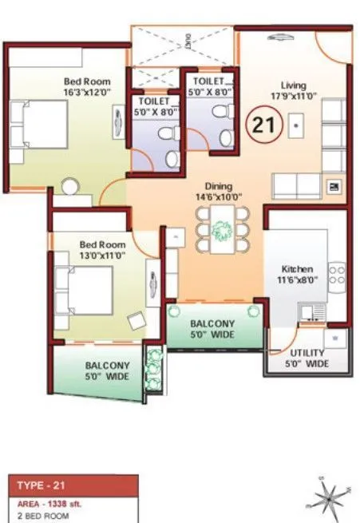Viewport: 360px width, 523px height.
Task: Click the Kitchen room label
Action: (x=296, y=269)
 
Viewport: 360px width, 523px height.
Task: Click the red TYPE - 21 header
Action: (x=73, y=485)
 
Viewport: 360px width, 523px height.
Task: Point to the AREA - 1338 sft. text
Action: (x=53, y=505)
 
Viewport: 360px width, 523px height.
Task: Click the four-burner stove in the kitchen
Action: (x=336, y=276)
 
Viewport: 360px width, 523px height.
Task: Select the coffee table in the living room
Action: (x=296, y=124)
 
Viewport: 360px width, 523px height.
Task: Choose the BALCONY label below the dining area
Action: (x=212, y=323)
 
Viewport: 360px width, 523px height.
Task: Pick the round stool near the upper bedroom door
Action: (x=70, y=188)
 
